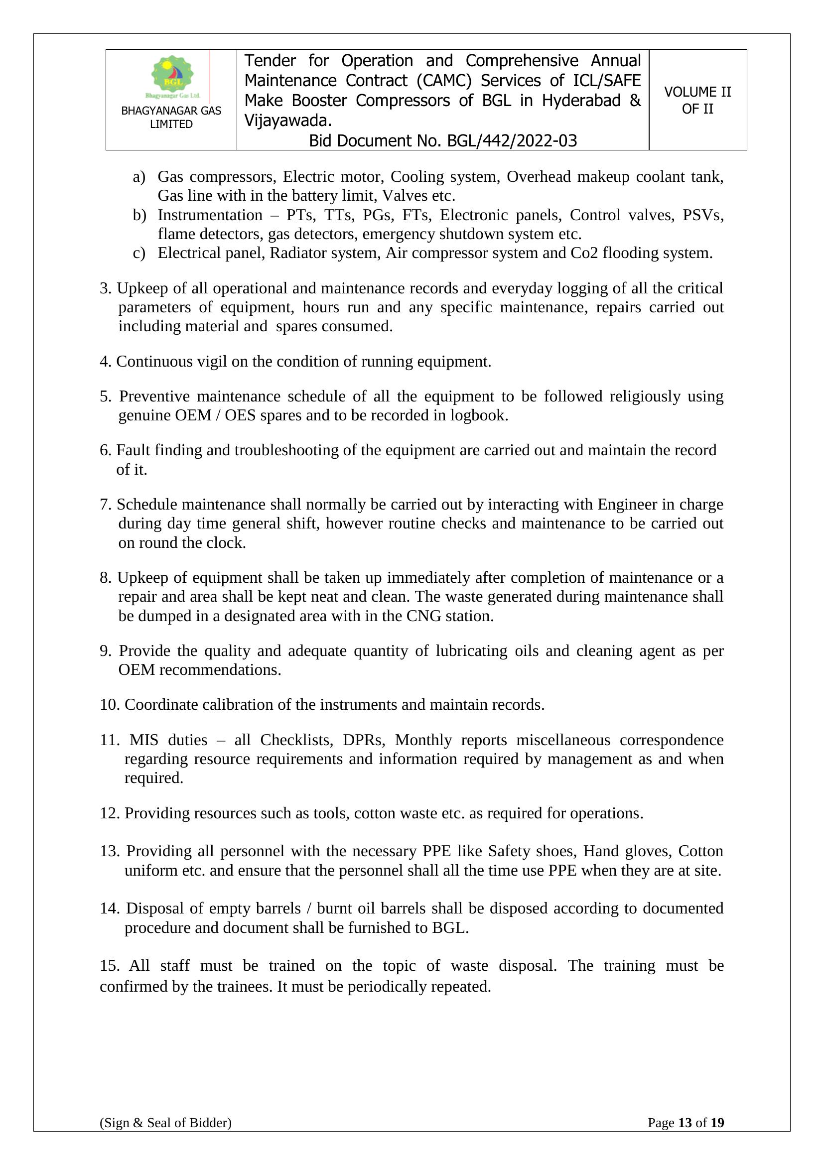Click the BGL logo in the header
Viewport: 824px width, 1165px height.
[x=172, y=76]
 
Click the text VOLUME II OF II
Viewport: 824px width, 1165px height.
[x=697, y=100]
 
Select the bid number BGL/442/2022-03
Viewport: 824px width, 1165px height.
[x=512, y=140]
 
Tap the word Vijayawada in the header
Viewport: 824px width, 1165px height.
[x=286, y=121]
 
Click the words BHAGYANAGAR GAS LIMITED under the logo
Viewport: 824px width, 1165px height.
[x=171, y=117]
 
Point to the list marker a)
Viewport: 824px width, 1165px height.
[x=139, y=177]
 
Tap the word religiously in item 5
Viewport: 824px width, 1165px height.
[x=644, y=396]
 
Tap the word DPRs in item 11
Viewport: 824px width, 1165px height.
[x=363, y=740]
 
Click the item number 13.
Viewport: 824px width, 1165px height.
[x=109, y=851]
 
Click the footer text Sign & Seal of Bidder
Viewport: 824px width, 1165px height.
[x=165, y=1137]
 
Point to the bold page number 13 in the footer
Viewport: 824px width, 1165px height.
[x=685, y=1137]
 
